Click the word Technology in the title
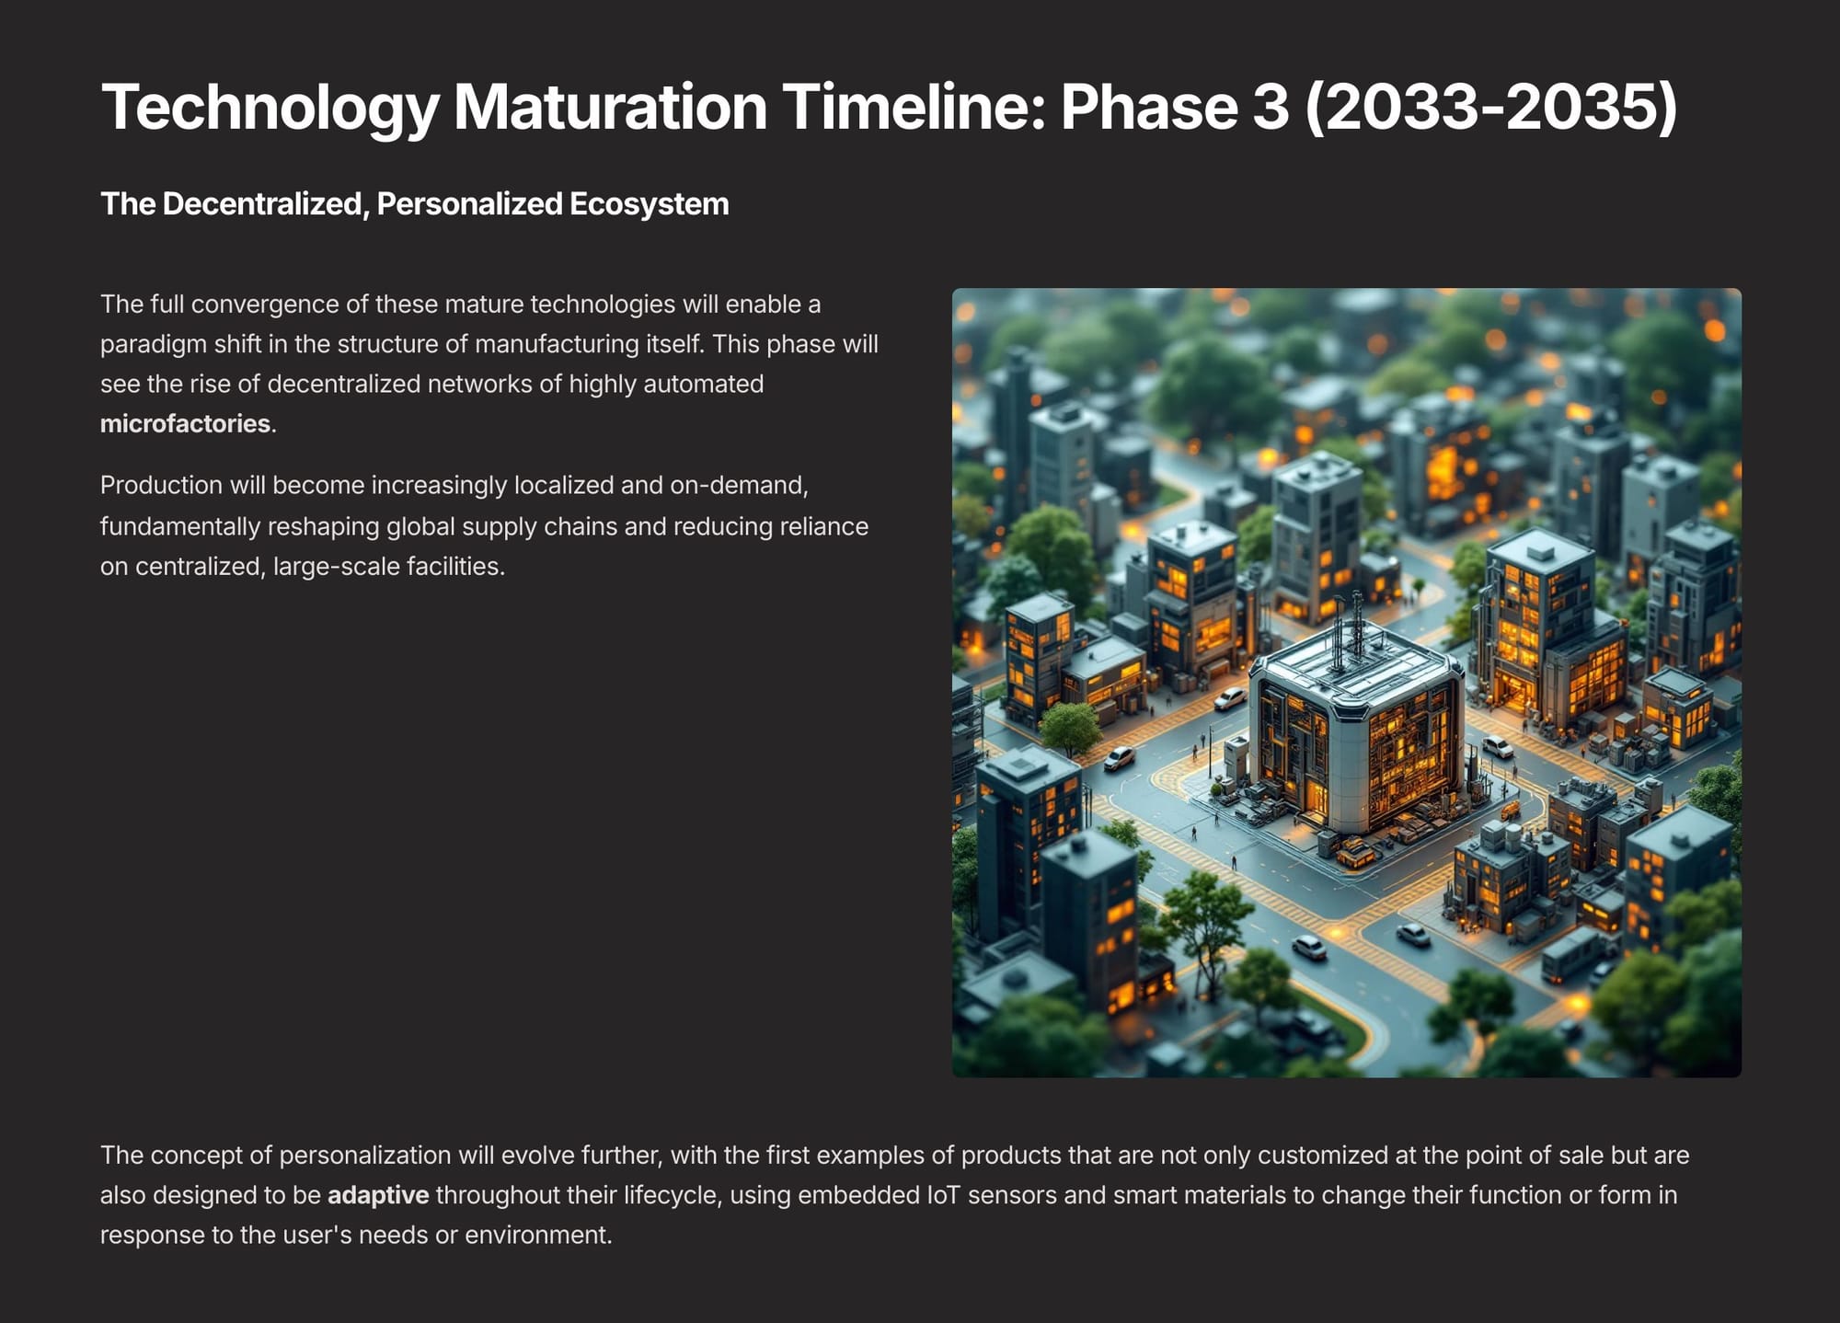(270, 109)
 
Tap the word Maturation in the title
(611, 107)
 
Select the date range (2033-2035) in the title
(1491, 108)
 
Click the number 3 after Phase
(1271, 107)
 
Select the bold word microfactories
(185, 423)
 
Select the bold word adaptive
(378, 1195)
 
